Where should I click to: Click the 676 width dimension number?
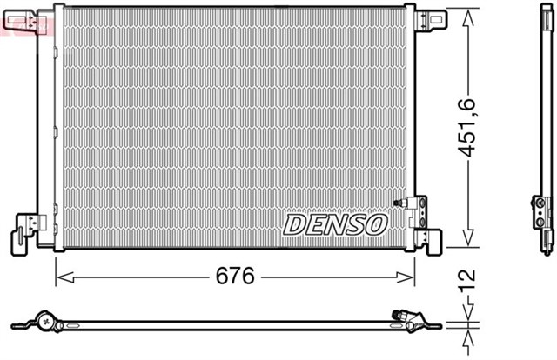click(235, 277)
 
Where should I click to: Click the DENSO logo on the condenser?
click(334, 225)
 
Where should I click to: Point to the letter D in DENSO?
click(294, 225)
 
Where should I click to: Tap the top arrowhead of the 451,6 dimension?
click(470, 11)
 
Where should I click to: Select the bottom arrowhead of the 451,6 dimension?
click(470, 245)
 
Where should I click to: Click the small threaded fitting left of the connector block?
click(402, 203)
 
